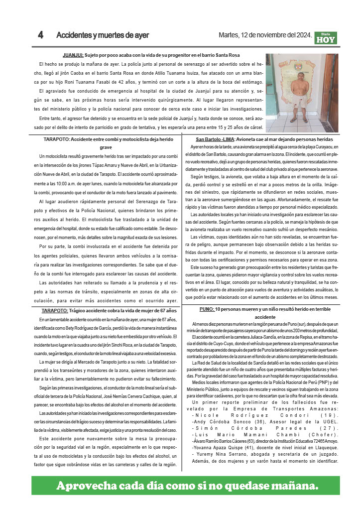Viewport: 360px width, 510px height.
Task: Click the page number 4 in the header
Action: pos(40,35)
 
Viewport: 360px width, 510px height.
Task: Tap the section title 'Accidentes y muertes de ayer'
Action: pos(103,35)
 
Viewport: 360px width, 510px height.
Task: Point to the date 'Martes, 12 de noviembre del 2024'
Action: pos(265,35)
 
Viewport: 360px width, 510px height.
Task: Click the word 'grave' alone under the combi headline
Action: pos(106,148)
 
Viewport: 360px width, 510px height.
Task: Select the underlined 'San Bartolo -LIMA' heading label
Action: pos(216,139)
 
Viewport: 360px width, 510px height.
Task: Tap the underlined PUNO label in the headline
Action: pos(207,309)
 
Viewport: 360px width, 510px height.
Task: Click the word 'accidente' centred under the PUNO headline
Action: pos(268,317)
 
